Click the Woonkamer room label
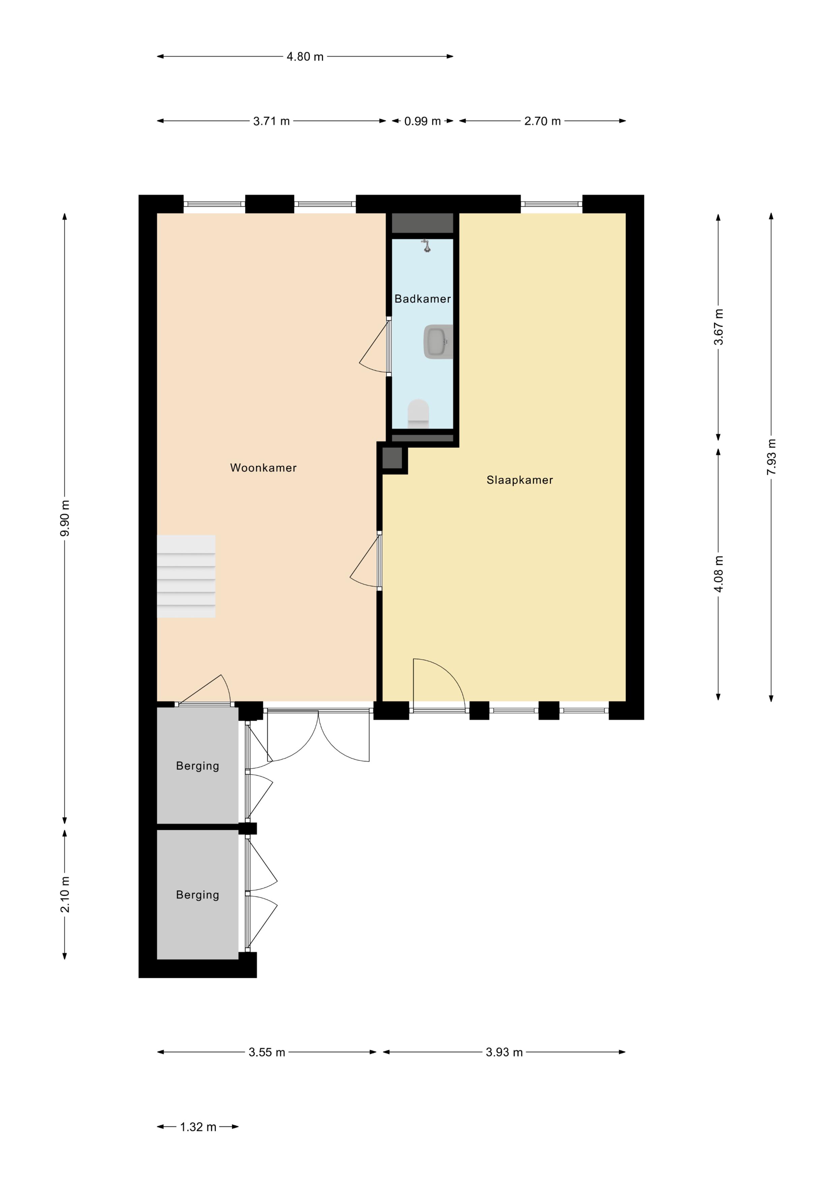[x=263, y=468]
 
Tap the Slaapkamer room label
[x=520, y=480]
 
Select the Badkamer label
[x=422, y=299]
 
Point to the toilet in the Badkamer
[x=418, y=414]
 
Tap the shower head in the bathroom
[x=426, y=245]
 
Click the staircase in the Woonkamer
[x=186, y=577]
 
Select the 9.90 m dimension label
[x=65, y=518]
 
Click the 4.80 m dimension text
[x=305, y=57]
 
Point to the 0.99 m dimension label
[x=422, y=121]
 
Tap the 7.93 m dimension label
[x=771, y=457]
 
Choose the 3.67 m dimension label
[x=719, y=327]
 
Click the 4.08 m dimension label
[x=719, y=574]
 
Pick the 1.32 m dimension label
[x=198, y=1127]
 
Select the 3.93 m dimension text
[x=504, y=1052]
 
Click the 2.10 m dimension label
[x=65, y=894]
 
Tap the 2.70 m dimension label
[x=542, y=121]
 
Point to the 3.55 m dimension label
[x=267, y=1052]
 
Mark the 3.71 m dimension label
[x=271, y=121]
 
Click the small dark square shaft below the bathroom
[x=392, y=458]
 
